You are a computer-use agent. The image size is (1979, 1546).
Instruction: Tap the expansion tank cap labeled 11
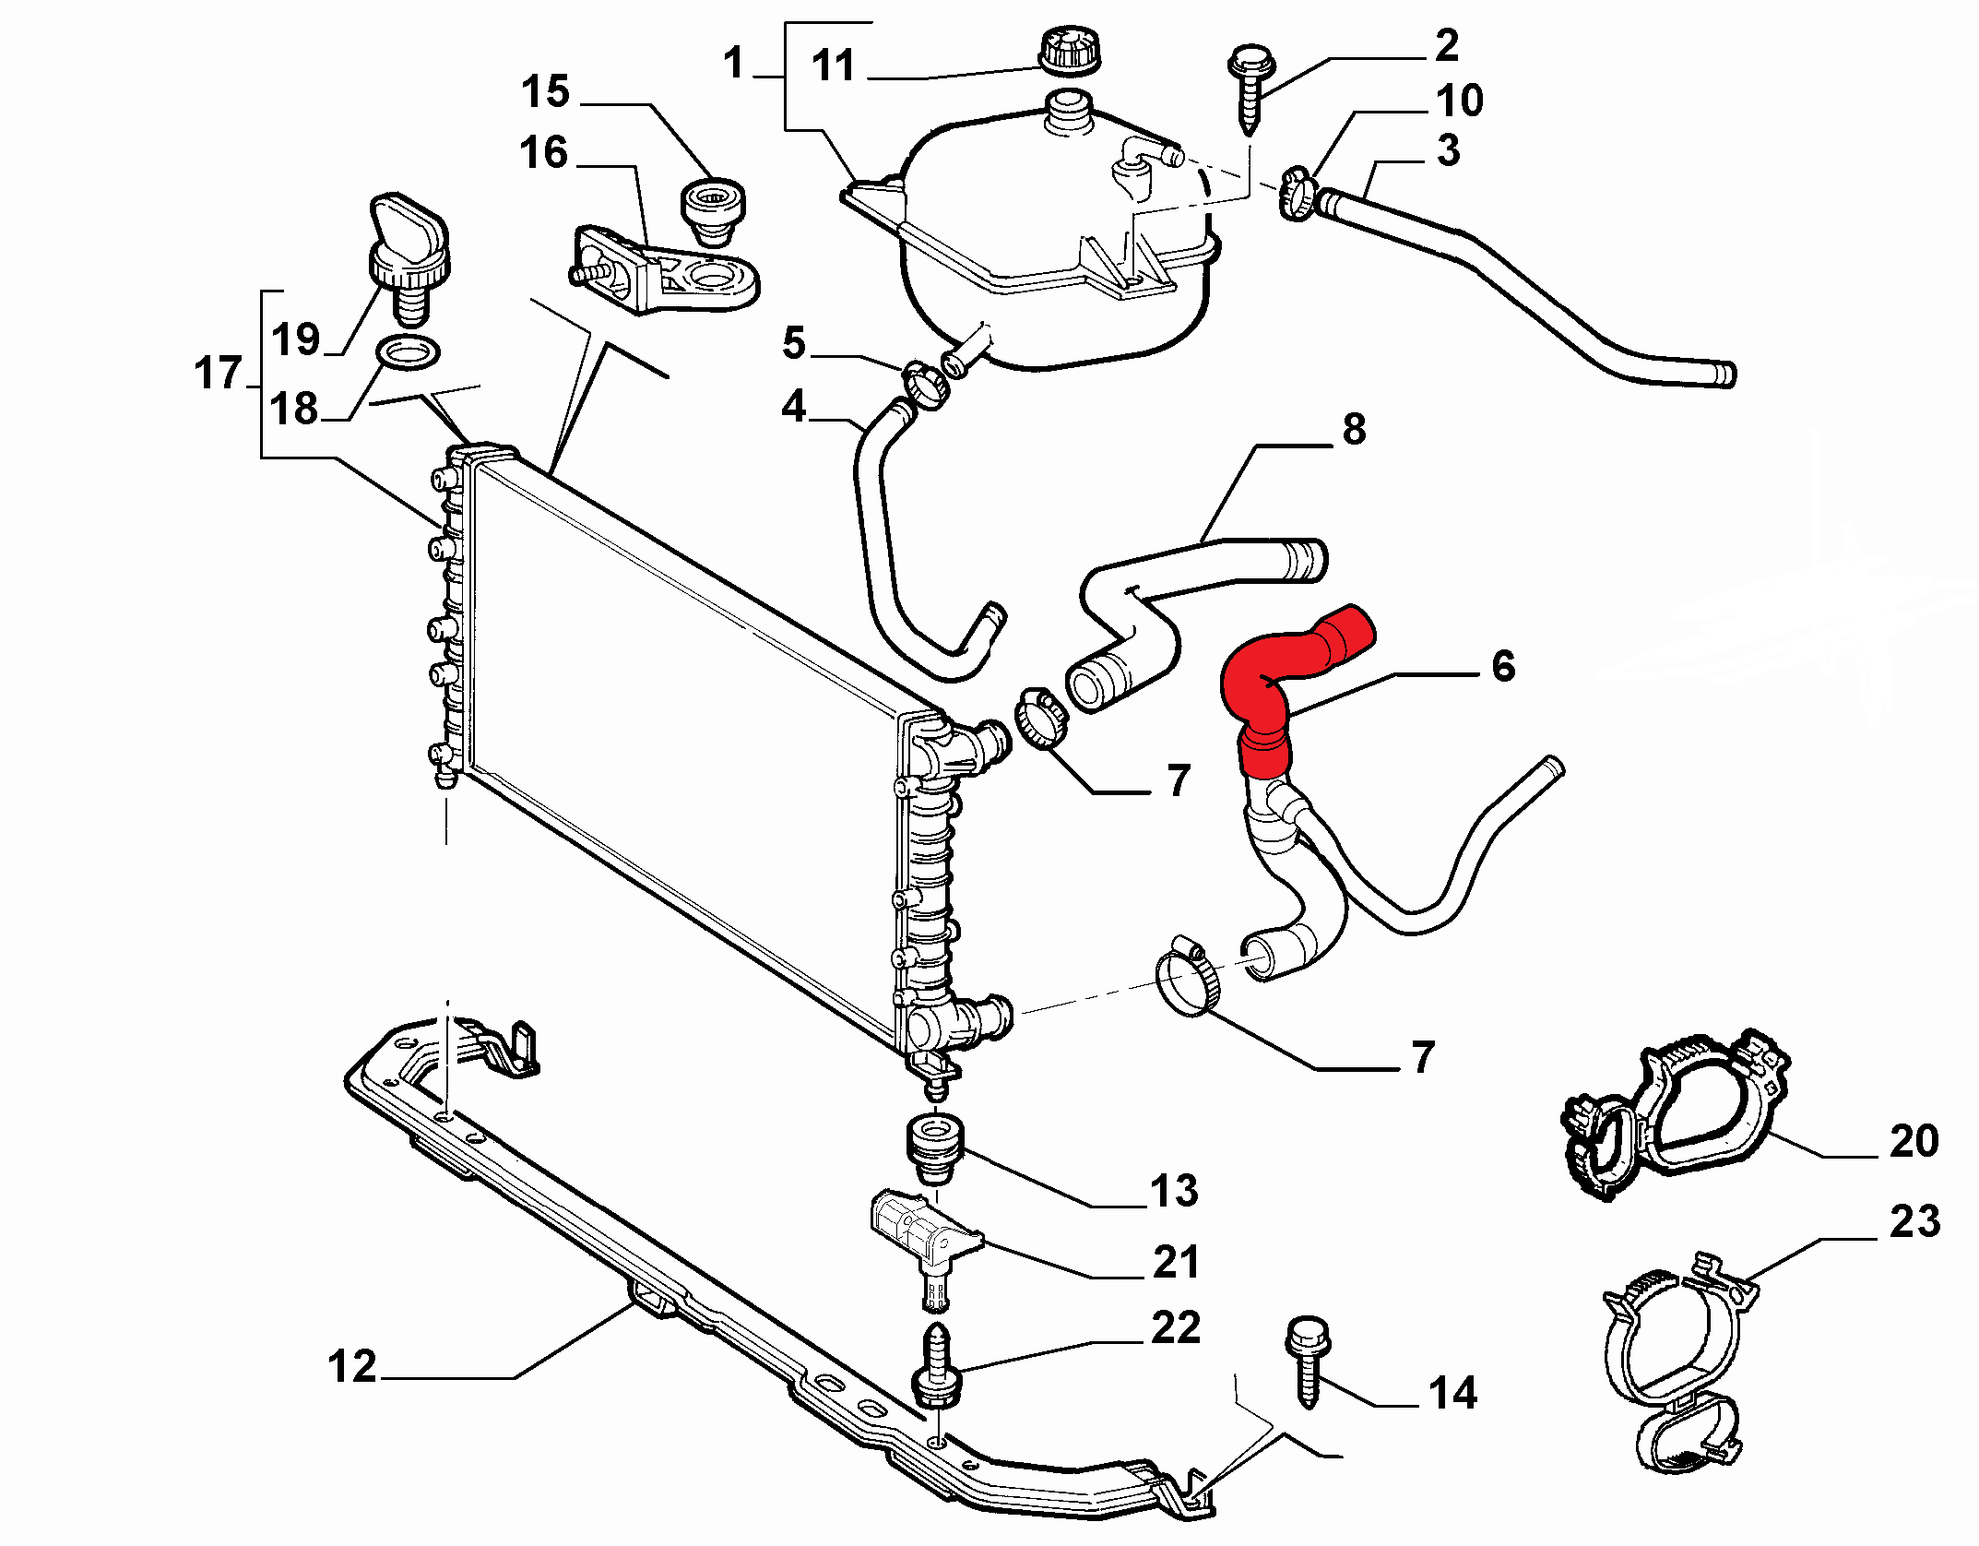[x=1070, y=51]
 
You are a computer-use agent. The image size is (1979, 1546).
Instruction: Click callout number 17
[x=218, y=374]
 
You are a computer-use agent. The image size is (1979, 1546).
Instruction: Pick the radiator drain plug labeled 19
[x=409, y=258]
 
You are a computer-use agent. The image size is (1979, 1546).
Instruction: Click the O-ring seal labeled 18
[x=409, y=352]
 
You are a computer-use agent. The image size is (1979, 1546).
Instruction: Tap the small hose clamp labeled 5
[x=924, y=385]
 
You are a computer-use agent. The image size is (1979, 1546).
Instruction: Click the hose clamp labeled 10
[x=1297, y=193]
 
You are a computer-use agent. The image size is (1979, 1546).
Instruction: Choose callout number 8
[x=1354, y=429]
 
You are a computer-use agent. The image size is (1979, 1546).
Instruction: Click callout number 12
[x=352, y=1366]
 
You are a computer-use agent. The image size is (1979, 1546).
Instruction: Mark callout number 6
[x=1503, y=666]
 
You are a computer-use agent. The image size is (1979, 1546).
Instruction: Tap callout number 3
[x=1449, y=150]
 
